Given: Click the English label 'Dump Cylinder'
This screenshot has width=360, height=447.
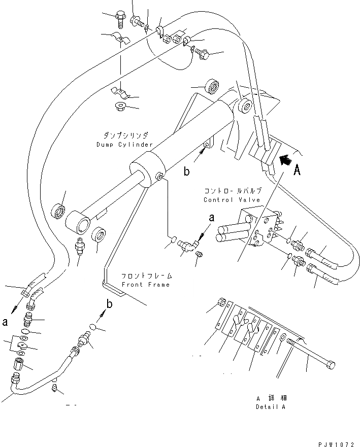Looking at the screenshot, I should click(124, 145).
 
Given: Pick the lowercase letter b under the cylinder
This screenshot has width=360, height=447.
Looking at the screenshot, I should click(186, 171).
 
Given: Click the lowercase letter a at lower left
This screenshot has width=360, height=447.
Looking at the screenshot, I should click(5, 321).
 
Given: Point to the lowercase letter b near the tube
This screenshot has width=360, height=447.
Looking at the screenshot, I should click(108, 304).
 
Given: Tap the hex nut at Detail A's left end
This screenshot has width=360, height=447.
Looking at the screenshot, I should click(221, 303).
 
